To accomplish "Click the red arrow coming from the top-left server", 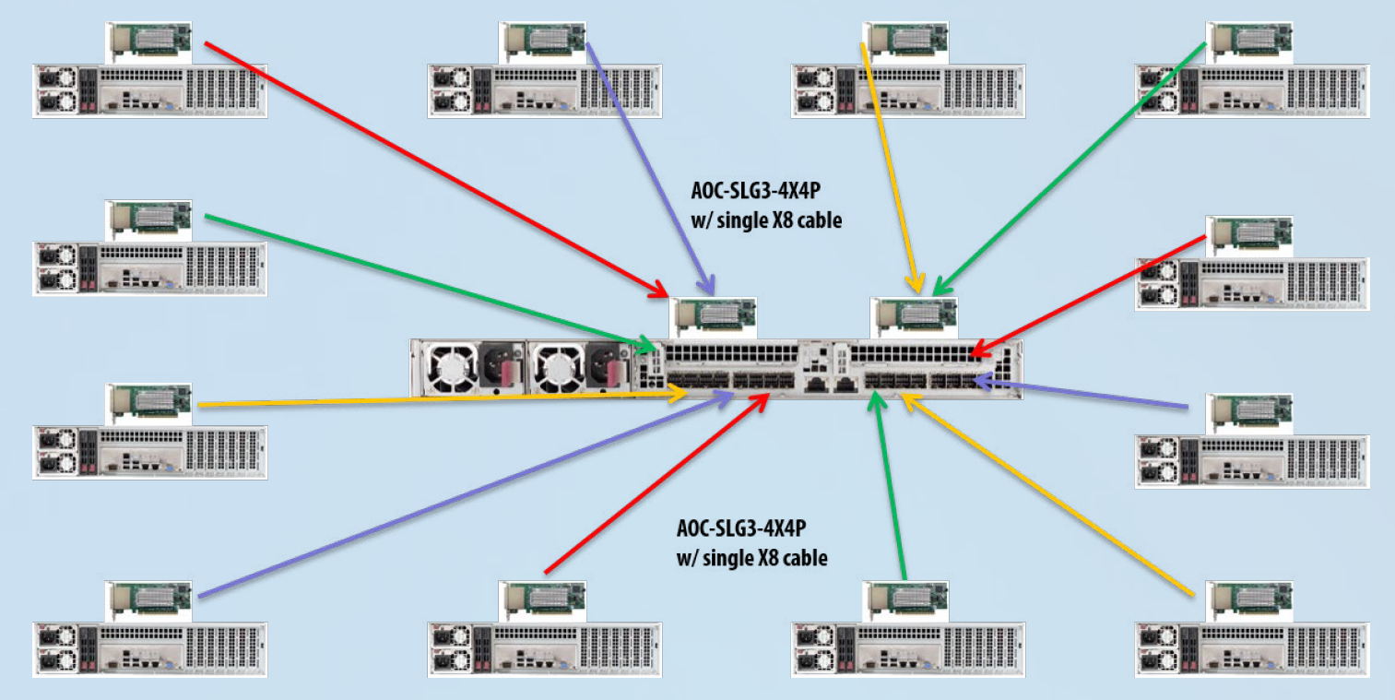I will [x=433, y=167].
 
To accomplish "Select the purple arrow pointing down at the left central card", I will [x=645, y=166].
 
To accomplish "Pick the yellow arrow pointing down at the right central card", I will [x=890, y=166].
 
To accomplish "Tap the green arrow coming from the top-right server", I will [x=1070, y=167].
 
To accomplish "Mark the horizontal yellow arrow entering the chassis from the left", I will [x=443, y=399].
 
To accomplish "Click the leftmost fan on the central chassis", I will [x=452, y=369].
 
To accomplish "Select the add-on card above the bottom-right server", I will [x=1249, y=599].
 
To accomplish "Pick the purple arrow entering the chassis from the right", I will [x=1088, y=392].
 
